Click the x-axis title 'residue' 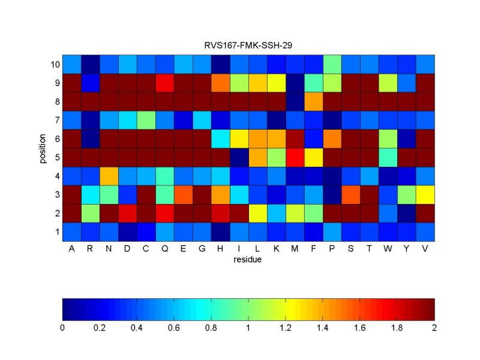point(248,260)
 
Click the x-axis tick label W point(388,248)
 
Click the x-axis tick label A point(71,248)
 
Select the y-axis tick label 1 point(56,231)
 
